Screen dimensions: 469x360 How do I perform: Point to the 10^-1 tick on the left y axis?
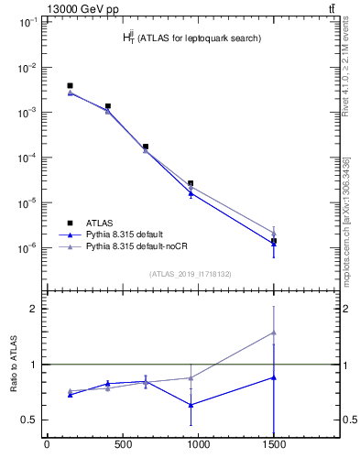[27, 22]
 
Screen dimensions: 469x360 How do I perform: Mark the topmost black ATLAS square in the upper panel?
[70, 86]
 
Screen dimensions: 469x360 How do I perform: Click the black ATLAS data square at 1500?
[273, 241]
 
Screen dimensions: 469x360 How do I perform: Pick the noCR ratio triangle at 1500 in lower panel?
[273, 333]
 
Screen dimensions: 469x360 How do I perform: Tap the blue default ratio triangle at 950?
[190, 404]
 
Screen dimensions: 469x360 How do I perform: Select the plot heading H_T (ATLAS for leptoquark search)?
[192, 38]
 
